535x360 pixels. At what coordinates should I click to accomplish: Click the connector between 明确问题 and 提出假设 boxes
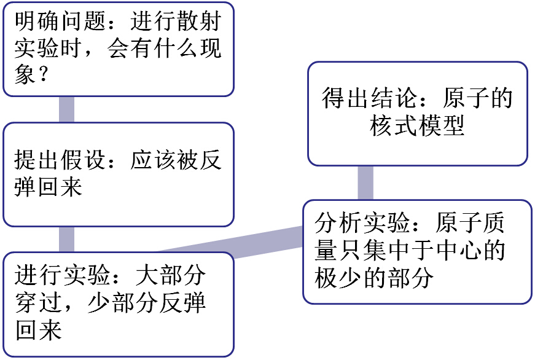coord(66,109)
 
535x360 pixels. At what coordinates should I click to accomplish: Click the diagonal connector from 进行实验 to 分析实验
coord(233,241)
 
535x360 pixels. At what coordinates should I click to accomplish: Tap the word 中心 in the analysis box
coord(464,251)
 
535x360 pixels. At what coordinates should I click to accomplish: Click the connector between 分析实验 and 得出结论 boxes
coord(365,182)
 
